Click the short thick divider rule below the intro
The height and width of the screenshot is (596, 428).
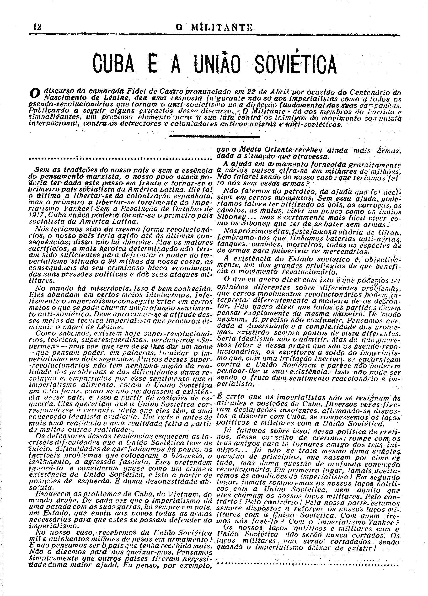tap(214, 136)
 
